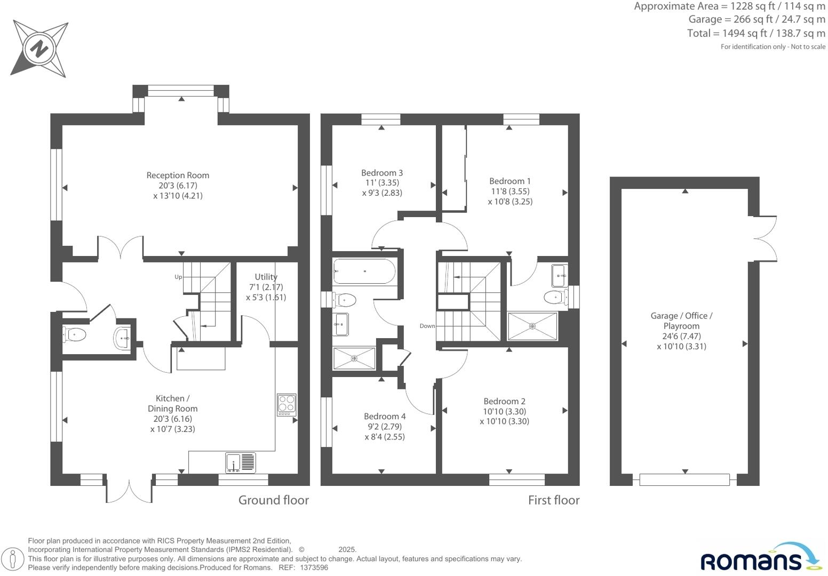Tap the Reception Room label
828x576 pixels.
pos(178,175)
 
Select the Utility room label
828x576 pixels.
pos(266,277)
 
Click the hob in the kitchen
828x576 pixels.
pos(286,405)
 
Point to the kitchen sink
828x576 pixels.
pos(240,462)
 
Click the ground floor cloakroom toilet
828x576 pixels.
pos(74,335)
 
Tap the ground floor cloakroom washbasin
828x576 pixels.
pos(122,338)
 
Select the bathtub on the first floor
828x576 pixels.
pos(364,271)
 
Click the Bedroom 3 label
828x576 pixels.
pos(382,173)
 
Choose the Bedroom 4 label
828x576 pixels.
pos(385,417)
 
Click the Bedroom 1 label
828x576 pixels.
pos(510,181)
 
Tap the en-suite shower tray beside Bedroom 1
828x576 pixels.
pos(532,326)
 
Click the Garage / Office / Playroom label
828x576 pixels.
pos(681,321)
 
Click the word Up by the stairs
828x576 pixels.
pos(178,277)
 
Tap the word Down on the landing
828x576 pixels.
pos(427,326)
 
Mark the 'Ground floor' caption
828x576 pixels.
pos(273,500)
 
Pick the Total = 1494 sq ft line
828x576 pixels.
pos(756,33)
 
